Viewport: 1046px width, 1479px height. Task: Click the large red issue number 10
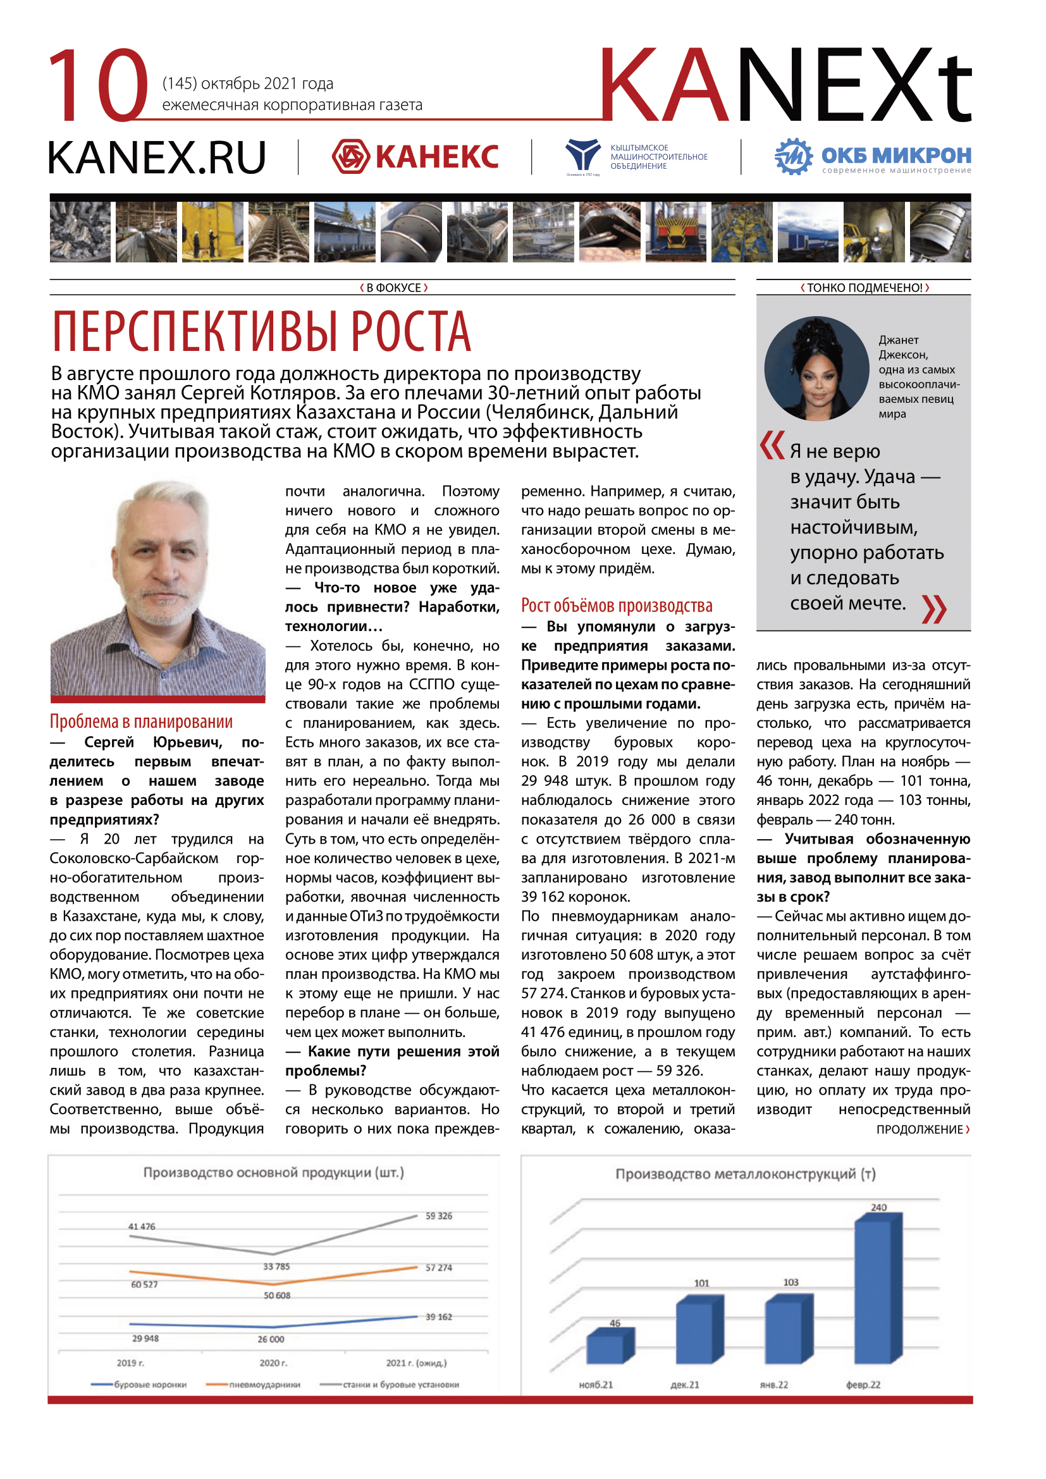(x=98, y=85)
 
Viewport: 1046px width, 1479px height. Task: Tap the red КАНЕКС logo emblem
(x=350, y=157)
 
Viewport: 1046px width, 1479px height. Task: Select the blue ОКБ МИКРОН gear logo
(x=793, y=156)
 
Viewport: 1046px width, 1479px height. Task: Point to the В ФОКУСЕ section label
(x=393, y=288)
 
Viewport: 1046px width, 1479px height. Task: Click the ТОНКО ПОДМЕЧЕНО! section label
(x=864, y=288)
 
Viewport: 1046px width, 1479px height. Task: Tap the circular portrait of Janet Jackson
(x=816, y=368)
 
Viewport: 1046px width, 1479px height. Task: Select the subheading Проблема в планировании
(x=141, y=721)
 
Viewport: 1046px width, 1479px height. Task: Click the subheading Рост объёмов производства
(x=617, y=606)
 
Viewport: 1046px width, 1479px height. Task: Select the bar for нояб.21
(x=609, y=1346)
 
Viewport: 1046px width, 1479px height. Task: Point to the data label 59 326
(x=439, y=1216)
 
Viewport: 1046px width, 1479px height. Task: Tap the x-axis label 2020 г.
(x=273, y=1363)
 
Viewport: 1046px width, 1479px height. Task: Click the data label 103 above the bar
(x=791, y=1282)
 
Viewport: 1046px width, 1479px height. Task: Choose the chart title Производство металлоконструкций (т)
(x=745, y=1174)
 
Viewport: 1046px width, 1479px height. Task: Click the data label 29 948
(x=145, y=1339)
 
